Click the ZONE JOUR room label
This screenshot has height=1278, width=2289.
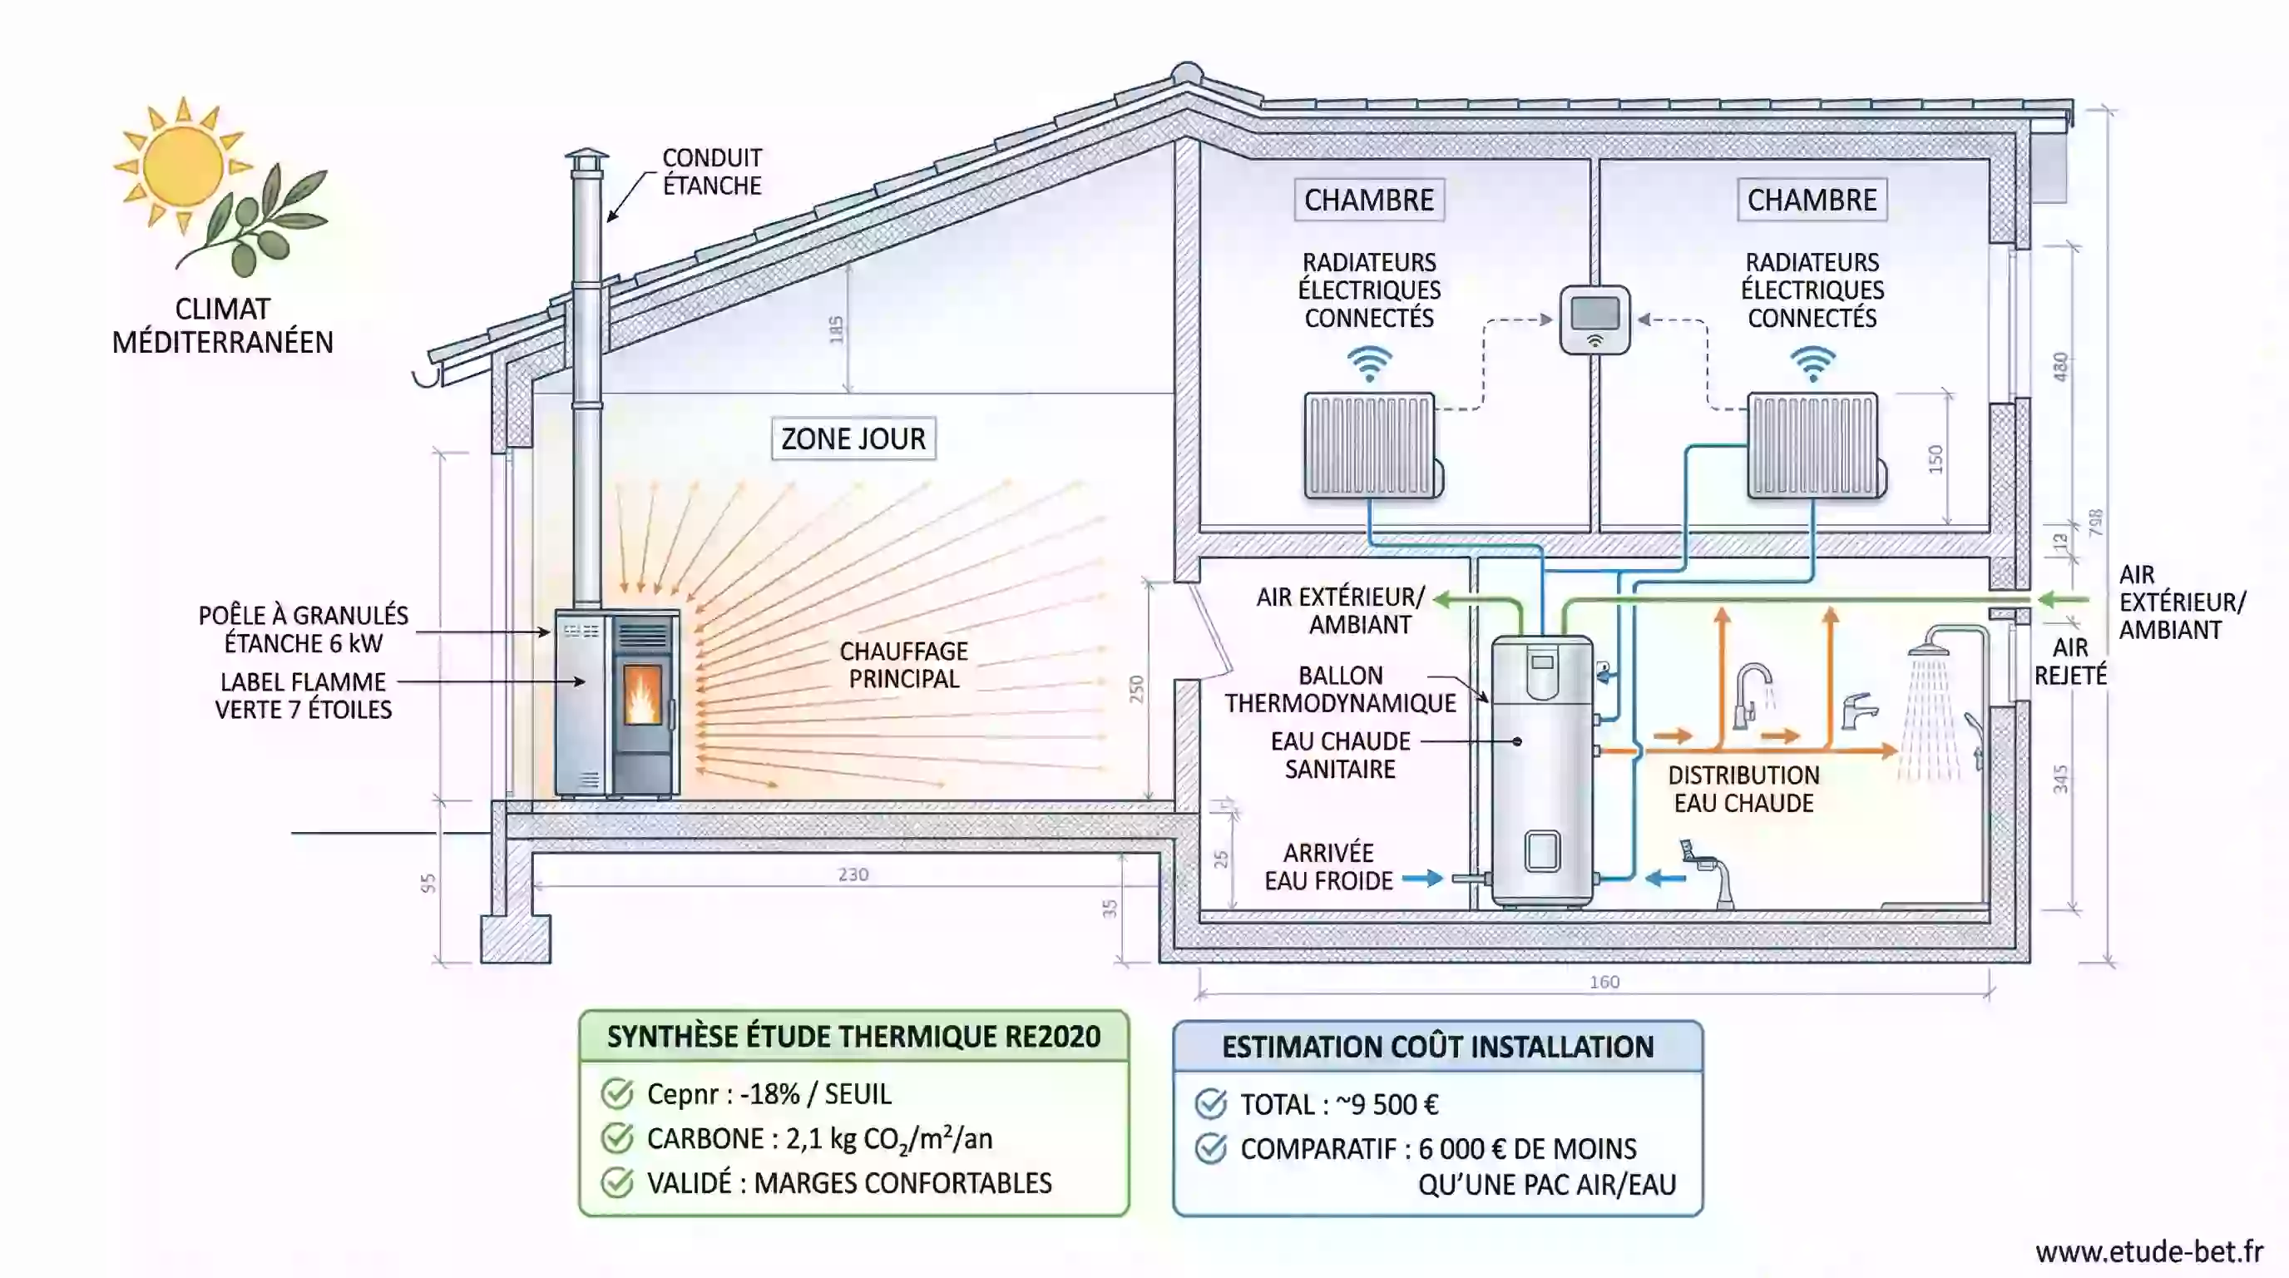coord(853,439)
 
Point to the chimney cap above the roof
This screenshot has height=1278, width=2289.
coord(586,161)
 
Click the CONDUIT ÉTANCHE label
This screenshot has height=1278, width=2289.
coord(712,171)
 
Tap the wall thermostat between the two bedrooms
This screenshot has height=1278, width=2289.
coord(1595,319)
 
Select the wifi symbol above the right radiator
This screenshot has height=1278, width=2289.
coord(1812,363)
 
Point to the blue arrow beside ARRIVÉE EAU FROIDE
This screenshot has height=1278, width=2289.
coord(1421,879)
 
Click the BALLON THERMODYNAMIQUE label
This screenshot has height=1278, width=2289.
coord(1340,689)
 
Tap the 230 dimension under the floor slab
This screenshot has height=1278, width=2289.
coord(853,874)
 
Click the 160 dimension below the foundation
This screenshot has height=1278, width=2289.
coord(1604,982)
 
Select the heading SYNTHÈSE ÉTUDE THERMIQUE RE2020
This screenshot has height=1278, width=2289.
coord(853,1036)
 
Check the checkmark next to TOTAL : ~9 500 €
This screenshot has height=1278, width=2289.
coord(1210,1104)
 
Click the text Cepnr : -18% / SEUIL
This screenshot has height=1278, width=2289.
coord(769,1094)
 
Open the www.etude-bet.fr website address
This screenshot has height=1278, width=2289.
coord(2148,1251)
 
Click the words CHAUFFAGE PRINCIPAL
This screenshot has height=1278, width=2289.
coord(902,665)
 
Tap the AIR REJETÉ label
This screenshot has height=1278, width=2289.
coord(2069,661)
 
